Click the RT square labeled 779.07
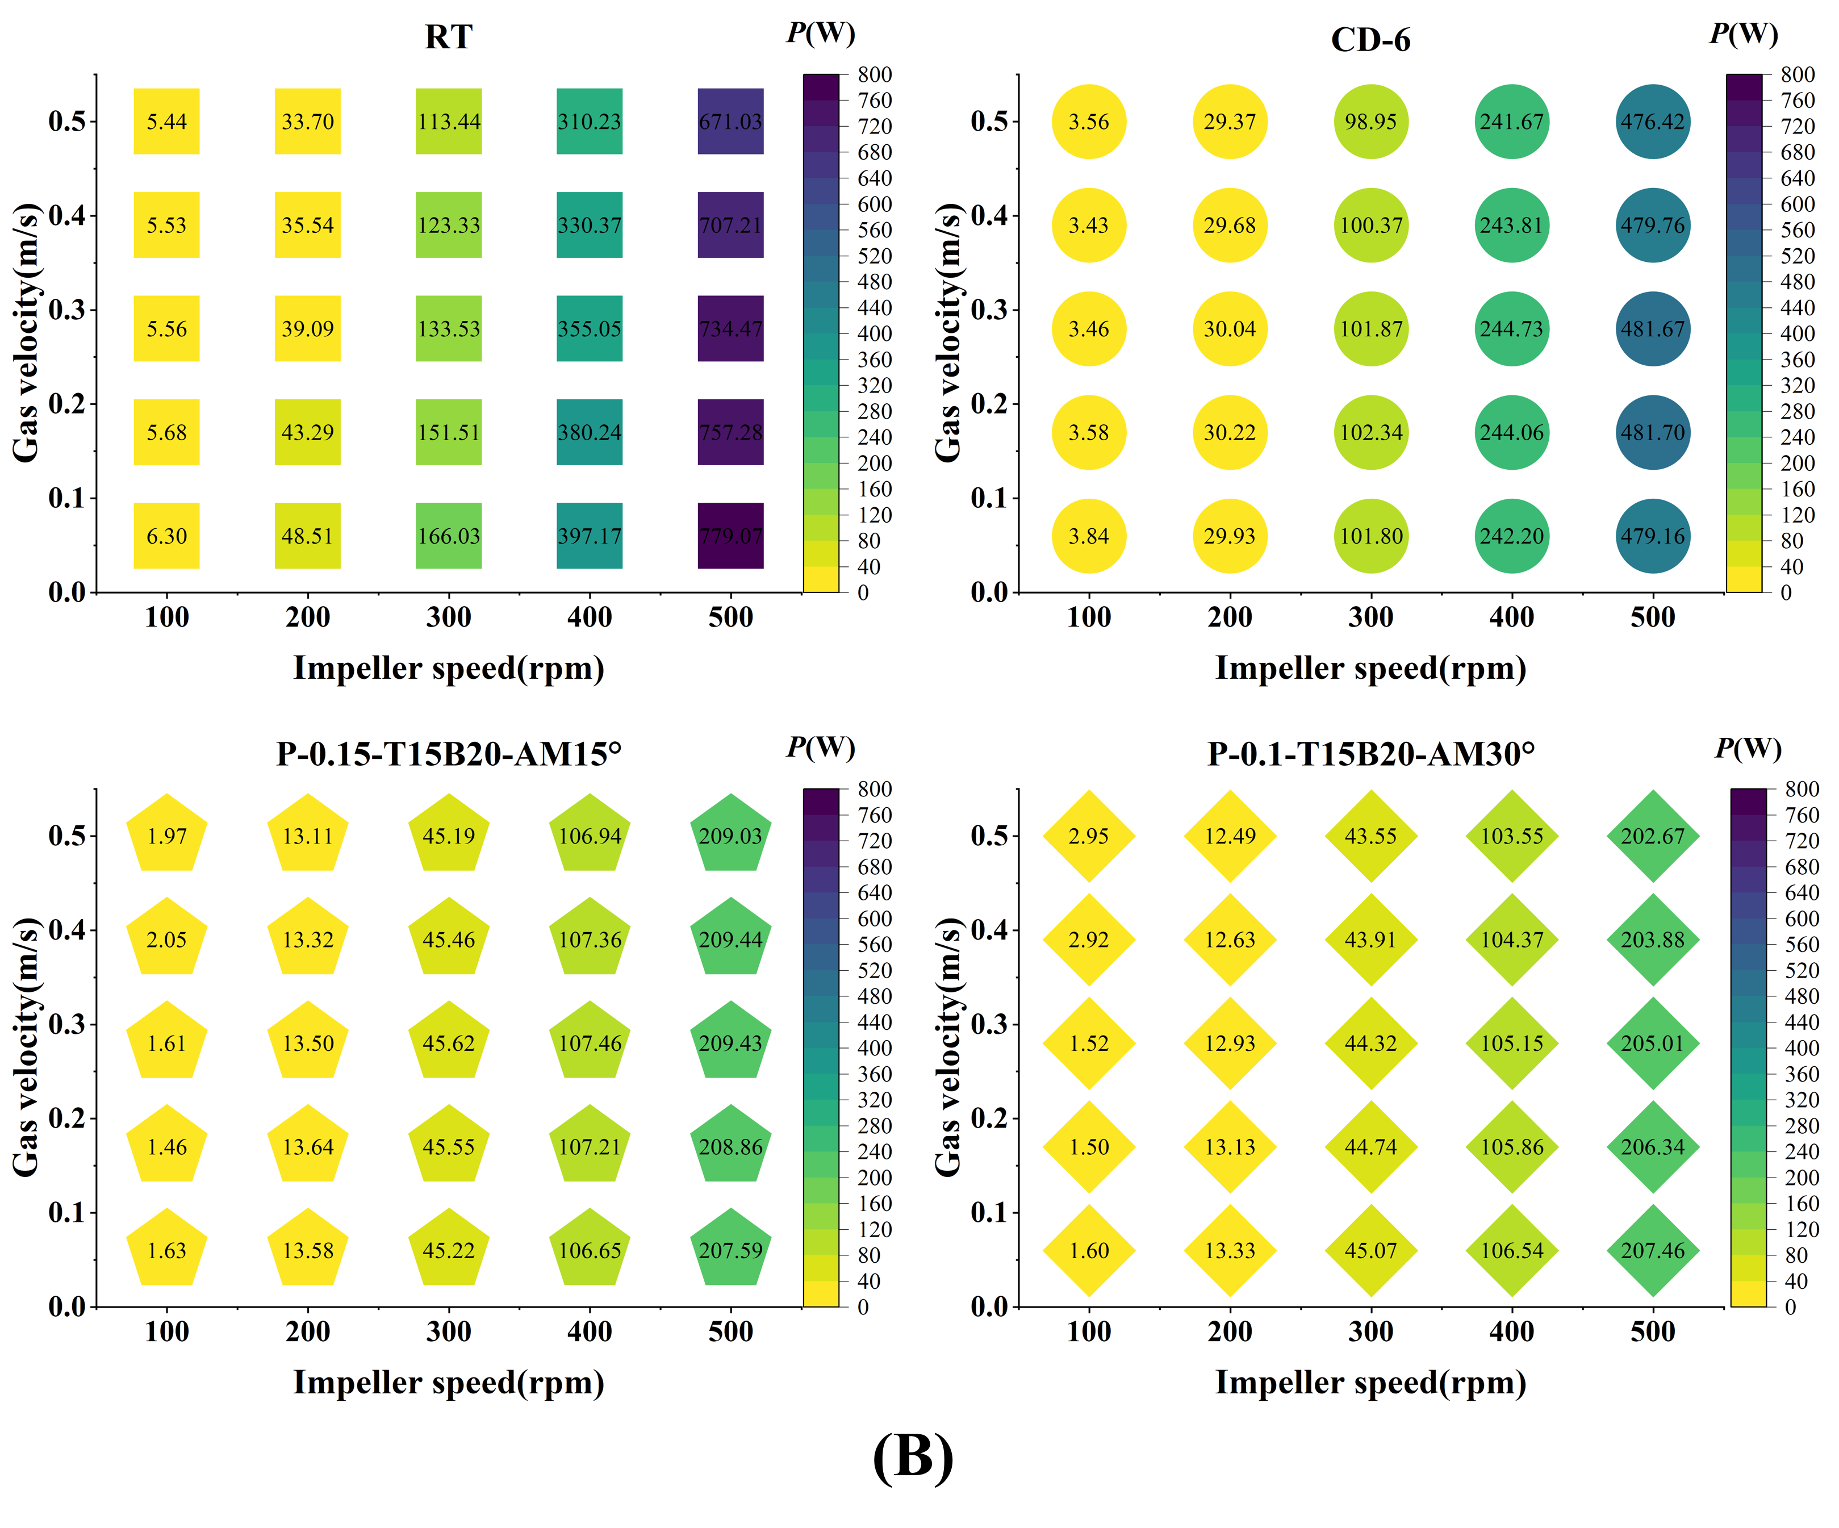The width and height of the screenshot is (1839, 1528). coord(730,536)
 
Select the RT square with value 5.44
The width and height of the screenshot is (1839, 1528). coord(166,122)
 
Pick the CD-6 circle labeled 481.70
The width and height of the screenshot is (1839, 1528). coord(1653,433)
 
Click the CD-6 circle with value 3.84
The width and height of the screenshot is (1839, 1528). coord(1089,536)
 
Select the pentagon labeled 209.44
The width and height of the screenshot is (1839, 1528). coord(730,939)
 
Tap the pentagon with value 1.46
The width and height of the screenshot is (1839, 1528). coord(166,1146)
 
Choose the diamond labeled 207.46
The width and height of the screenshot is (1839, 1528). coord(1653,1250)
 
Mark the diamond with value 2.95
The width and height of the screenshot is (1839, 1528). coord(1089,836)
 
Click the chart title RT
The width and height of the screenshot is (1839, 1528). coord(448,37)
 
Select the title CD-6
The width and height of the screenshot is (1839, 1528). coord(1370,40)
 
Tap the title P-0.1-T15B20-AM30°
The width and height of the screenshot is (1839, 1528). coord(1370,754)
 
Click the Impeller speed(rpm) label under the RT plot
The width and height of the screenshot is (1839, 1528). coord(448,668)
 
